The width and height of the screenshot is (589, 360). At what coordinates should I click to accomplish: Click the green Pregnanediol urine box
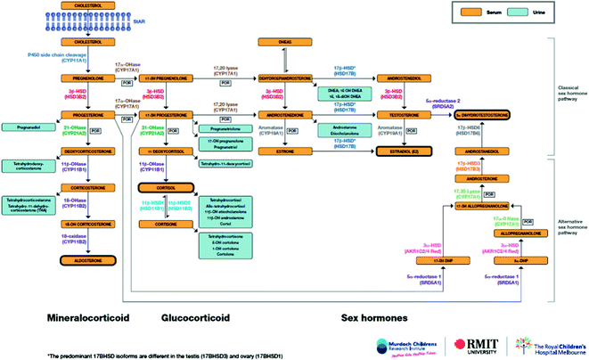[x=27, y=127]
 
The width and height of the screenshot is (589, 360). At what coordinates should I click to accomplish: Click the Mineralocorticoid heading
[x=86, y=315]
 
